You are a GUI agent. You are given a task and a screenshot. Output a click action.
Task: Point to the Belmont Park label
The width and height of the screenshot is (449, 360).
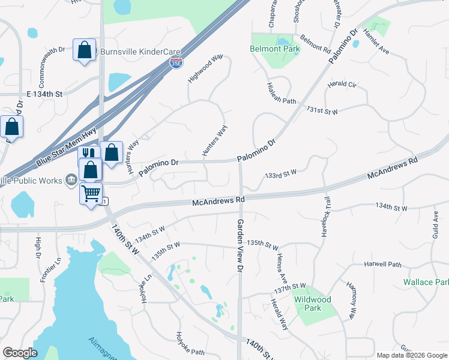point(274,49)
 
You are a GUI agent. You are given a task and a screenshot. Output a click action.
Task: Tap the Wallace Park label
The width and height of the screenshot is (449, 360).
point(426,282)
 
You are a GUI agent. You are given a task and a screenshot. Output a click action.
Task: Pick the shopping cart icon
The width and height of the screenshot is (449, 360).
point(91,194)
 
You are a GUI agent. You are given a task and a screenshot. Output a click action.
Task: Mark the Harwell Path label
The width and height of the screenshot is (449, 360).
point(382,264)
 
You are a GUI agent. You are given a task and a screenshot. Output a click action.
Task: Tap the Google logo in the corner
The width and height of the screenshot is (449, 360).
point(20,353)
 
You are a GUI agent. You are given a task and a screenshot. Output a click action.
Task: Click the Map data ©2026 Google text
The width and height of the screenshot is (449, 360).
point(411,355)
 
